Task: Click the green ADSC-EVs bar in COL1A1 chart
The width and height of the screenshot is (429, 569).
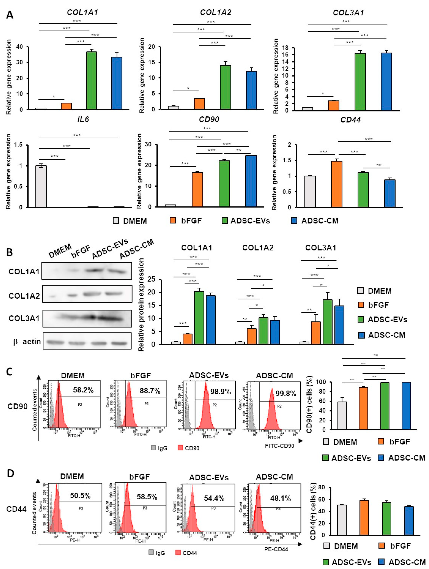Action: (92, 81)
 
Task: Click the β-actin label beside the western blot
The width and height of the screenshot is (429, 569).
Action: (27, 342)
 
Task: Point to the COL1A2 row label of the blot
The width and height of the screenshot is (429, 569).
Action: (24, 296)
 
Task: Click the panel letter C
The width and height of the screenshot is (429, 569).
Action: (9, 372)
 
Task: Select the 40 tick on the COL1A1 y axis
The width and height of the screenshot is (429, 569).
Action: (19, 47)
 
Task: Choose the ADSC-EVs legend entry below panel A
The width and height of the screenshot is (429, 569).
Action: (246, 221)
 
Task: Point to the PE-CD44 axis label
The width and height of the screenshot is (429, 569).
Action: (276, 549)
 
